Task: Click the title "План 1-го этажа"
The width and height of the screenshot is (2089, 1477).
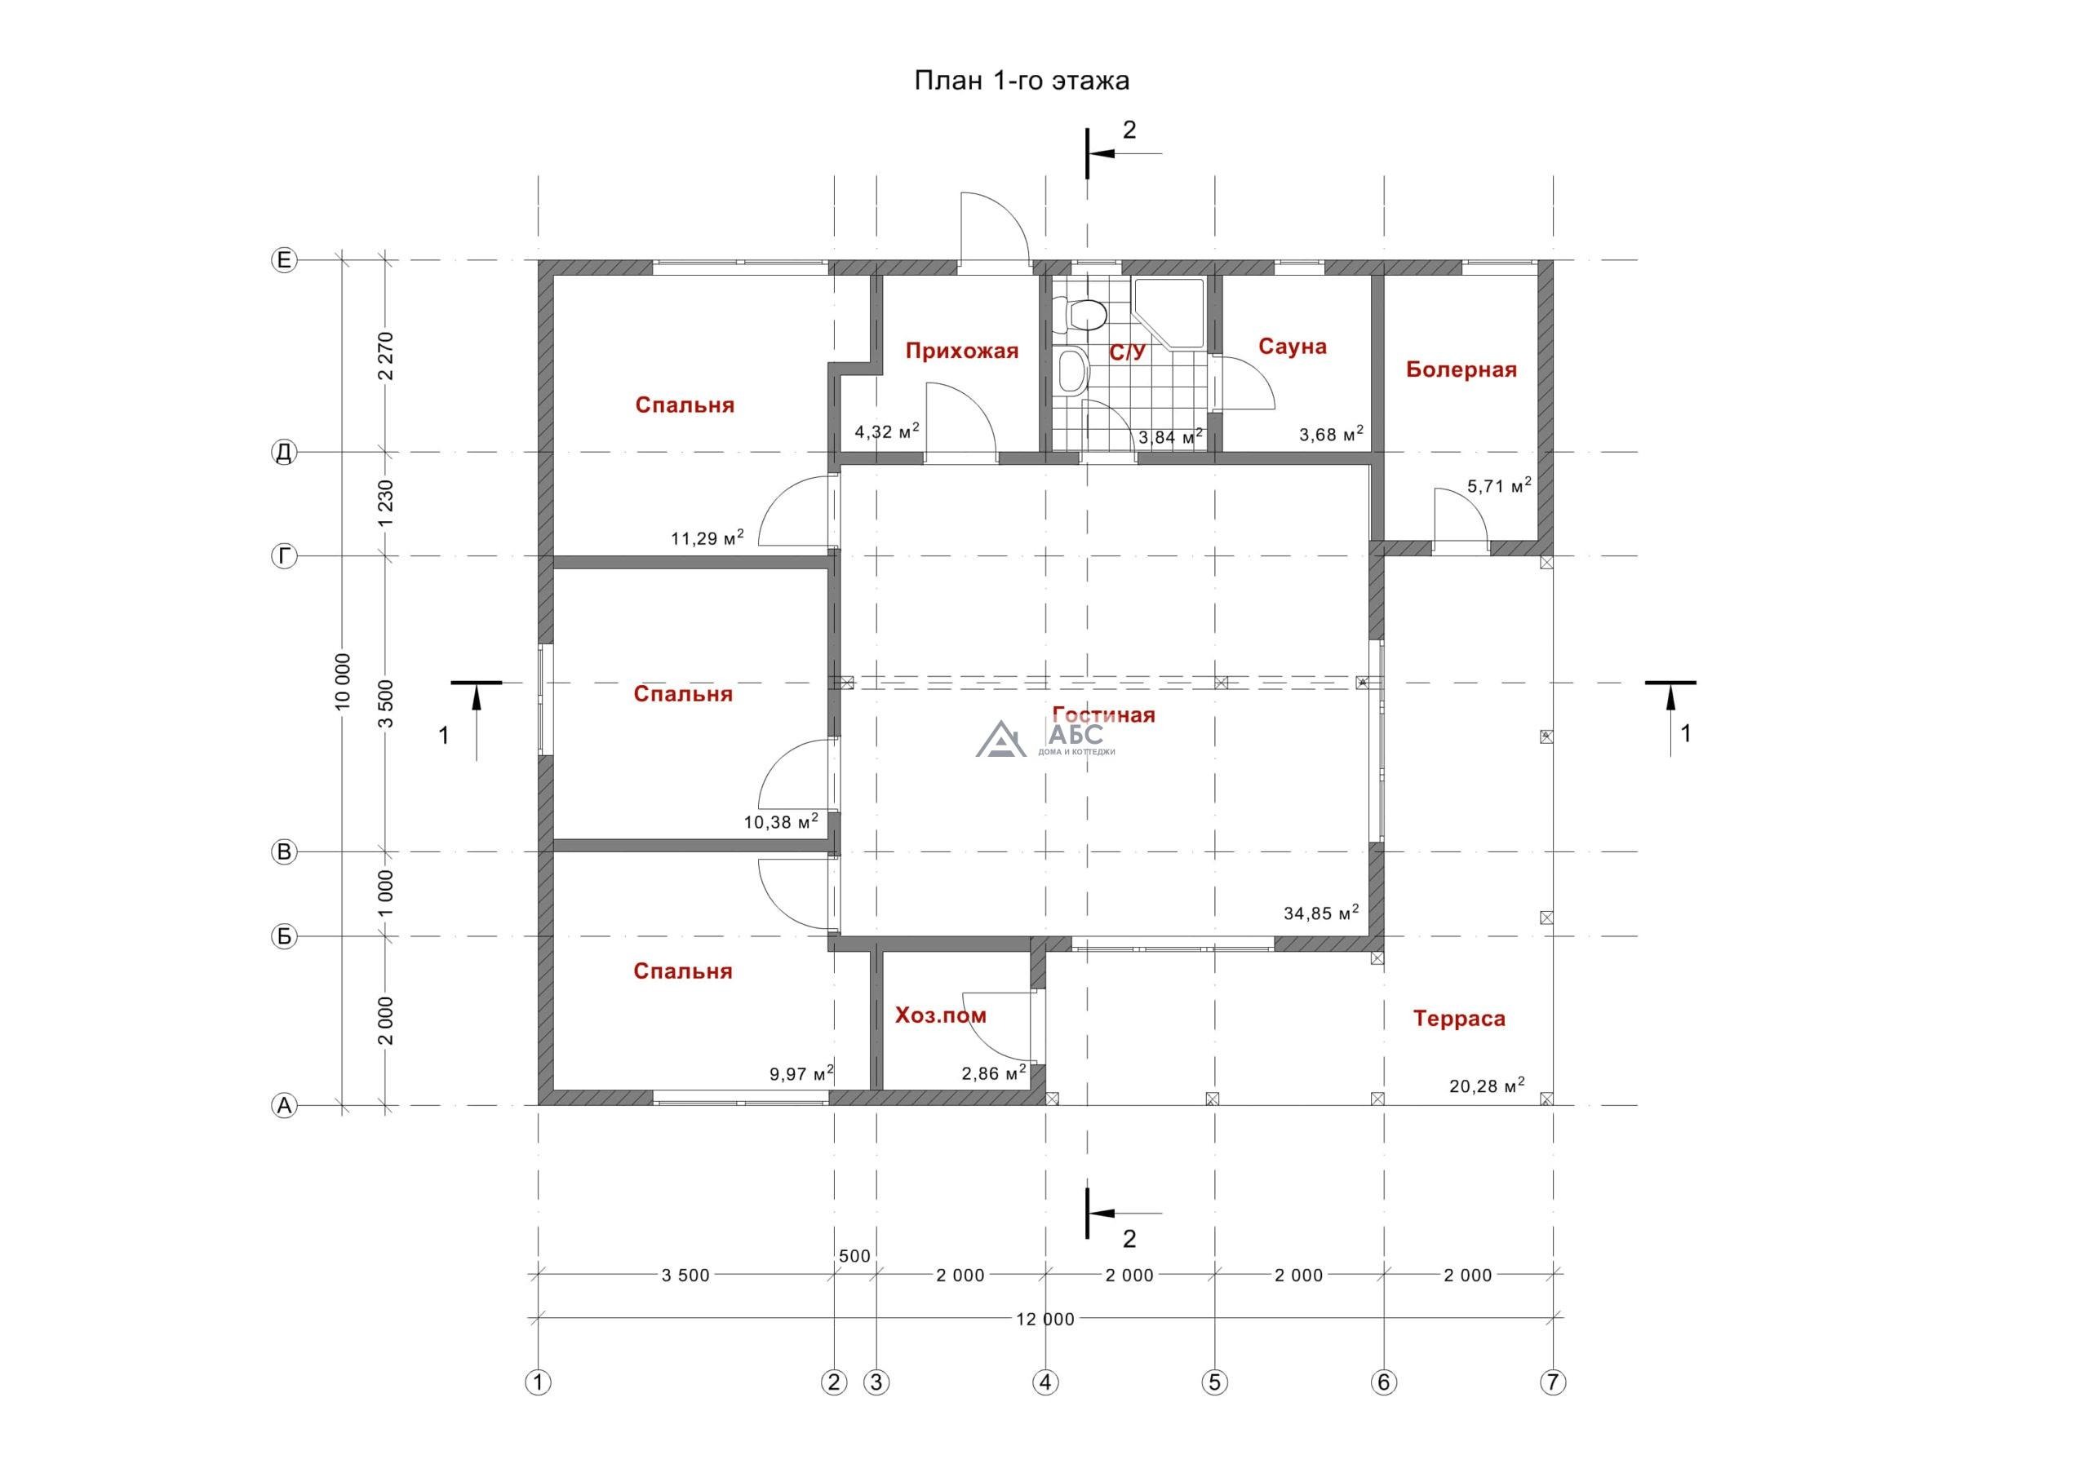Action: (x=1022, y=81)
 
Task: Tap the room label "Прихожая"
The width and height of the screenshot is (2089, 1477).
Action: (x=962, y=351)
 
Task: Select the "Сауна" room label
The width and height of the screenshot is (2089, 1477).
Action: (x=1292, y=347)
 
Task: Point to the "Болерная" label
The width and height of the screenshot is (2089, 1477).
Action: (x=1461, y=369)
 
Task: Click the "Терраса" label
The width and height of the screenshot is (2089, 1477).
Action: (x=1459, y=1019)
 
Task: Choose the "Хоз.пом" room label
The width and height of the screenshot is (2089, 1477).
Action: (x=941, y=1016)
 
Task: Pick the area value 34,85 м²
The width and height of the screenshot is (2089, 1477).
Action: (x=1321, y=912)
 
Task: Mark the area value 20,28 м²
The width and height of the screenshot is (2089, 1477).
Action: (x=1487, y=1085)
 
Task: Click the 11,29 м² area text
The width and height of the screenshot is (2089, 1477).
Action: (x=707, y=537)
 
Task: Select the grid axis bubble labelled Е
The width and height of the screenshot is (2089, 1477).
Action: (x=284, y=261)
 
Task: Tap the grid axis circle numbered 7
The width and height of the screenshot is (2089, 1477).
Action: (x=1552, y=1382)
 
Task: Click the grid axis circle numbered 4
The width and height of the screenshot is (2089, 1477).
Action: (x=1045, y=1382)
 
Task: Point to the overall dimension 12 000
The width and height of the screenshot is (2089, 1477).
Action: (x=1045, y=1319)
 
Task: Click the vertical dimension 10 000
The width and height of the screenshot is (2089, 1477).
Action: (x=342, y=681)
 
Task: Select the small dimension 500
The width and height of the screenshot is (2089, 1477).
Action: (x=854, y=1256)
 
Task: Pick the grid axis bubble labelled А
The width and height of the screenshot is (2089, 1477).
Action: (x=284, y=1106)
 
